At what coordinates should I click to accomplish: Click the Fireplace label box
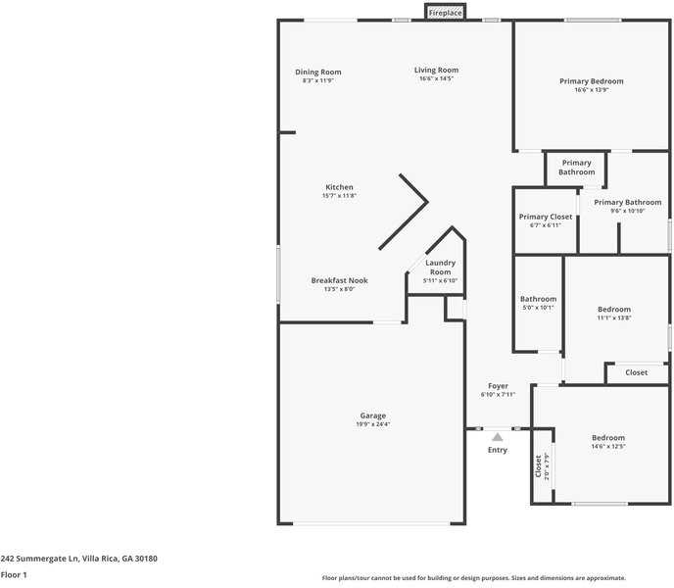click(446, 13)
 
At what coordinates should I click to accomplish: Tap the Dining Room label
click(318, 73)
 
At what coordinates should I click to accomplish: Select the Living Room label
click(436, 71)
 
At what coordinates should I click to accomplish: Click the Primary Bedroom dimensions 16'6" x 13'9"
click(592, 90)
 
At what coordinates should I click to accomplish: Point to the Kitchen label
click(339, 187)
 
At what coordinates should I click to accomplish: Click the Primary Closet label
click(546, 217)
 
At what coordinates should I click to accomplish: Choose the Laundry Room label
click(440, 268)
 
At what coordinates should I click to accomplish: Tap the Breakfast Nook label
click(340, 280)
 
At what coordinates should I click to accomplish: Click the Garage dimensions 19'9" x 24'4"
click(372, 424)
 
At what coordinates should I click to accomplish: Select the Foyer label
click(498, 386)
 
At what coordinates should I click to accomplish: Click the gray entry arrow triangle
click(498, 437)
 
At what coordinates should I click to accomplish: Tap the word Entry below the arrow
click(498, 450)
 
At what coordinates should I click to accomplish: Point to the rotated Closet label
click(538, 466)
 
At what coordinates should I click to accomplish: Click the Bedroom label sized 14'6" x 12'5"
click(608, 438)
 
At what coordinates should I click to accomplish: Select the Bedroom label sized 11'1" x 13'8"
click(614, 310)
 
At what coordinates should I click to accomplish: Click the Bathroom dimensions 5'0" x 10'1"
click(538, 308)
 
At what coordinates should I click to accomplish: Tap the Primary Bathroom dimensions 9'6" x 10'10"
click(628, 211)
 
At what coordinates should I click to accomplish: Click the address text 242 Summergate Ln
click(39, 559)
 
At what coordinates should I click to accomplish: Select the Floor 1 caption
click(14, 574)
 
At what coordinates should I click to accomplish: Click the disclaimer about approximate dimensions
click(474, 578)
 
